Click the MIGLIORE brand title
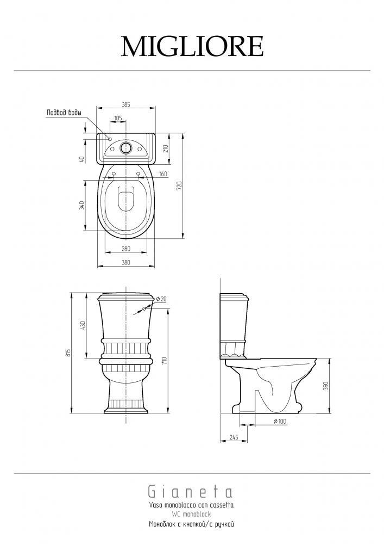(x=192, y=46)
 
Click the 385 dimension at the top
(x=126, y=104)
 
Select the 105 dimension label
(x=118, y=118)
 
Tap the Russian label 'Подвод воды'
(x=64, y=113)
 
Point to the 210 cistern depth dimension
(x=165, y=149)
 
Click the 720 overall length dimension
(x=179, y=186)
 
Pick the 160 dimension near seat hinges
(x=163, y=174)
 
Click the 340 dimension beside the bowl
(x=81, y=205)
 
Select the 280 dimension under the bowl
(x=125, y=249)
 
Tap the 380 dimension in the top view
(x=126, y=263)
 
